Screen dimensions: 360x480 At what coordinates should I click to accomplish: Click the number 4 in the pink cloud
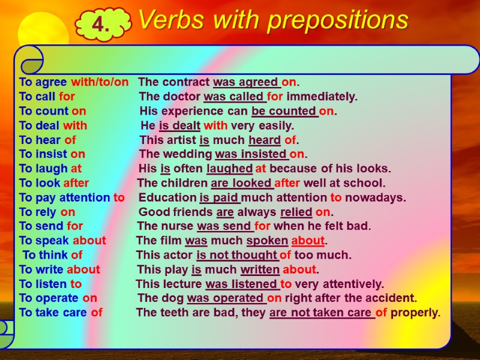pyautogui.click(x=101, y=25)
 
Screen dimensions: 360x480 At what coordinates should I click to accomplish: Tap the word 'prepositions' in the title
pyautogui.click(x=338, y=20)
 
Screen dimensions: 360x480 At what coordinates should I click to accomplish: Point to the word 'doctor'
pyautogui.click(x=182, y=97)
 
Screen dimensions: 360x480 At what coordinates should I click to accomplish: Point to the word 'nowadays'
pyautogui.click(x=382, y=197)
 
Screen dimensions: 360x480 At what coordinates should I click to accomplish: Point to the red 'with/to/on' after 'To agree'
pyautogui.click(x=100, y=82)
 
